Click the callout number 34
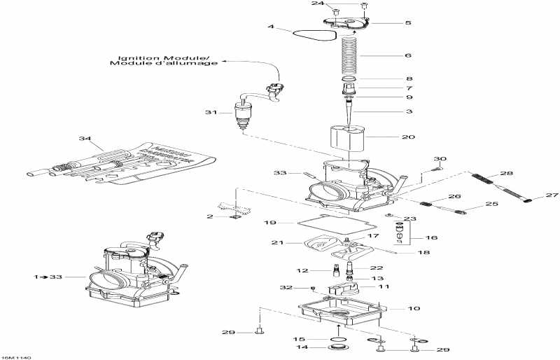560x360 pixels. point(84,140)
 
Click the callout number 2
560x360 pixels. point(209,217)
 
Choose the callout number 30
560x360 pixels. point(440,159)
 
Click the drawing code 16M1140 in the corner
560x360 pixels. point(15,356)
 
